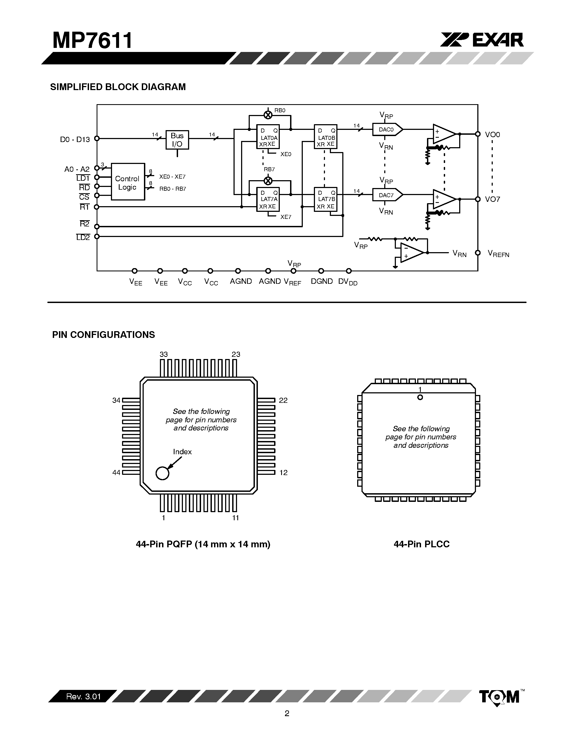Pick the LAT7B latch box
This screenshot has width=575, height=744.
(325, 199)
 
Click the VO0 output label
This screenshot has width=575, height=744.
(492, 134)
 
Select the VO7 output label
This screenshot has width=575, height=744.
(492, 199)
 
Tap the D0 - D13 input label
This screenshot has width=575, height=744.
(75, 139)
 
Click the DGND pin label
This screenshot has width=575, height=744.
(321, 281)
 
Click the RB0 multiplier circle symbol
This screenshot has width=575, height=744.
(268, 115)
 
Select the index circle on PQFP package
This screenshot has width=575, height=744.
(162, 473)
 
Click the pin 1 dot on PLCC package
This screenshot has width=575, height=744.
(420, 397)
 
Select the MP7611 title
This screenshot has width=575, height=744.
(92, 41)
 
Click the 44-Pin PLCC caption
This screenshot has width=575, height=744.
(421, 544)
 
